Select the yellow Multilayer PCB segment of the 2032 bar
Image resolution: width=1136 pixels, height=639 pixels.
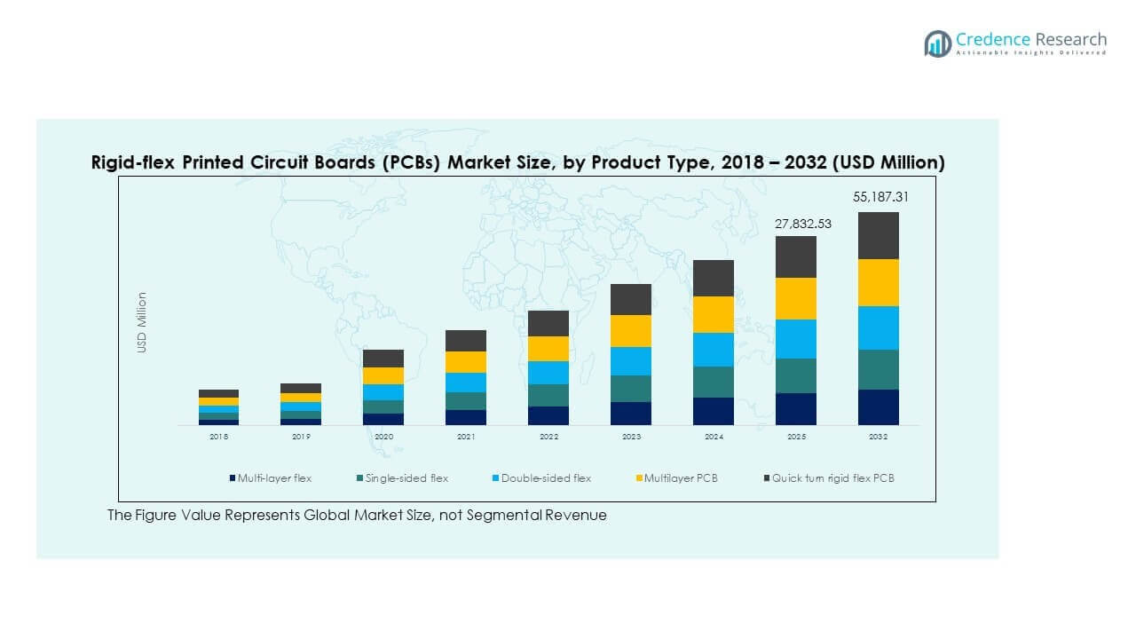pos(878,282)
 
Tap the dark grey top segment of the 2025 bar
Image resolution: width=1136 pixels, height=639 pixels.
pos(795,256)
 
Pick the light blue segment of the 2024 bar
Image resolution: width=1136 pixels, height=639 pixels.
pos(713,350)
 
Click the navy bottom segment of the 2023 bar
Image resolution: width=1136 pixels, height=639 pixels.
pos(630,413)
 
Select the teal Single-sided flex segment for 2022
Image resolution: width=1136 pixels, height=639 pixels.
pos(548,395)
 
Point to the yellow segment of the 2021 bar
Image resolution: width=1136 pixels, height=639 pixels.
pos(466,362)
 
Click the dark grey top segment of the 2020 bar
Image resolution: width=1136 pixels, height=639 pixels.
pos(383,358)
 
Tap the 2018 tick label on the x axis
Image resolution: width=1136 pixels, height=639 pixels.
pos(218,437)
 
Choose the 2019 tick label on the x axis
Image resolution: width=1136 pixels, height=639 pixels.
pos(301,437)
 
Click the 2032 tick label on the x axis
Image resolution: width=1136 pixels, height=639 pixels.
pos(878,437)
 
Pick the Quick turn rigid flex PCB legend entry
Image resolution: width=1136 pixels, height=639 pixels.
pos(832,478)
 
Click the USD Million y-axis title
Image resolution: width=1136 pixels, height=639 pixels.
pos(142,322)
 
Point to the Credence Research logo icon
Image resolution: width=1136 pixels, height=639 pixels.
pos(937,43)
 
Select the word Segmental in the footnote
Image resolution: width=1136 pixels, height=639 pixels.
pos(512,515)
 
